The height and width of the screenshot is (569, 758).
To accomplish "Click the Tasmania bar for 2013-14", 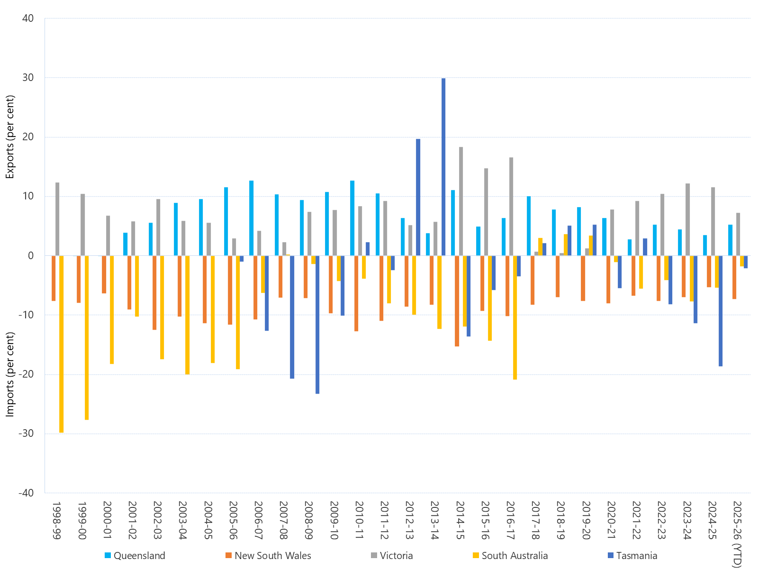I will coord(443,167).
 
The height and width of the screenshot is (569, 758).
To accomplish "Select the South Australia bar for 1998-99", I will coord(62,344).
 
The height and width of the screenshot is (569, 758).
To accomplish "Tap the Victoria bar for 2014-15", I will coord(461,201).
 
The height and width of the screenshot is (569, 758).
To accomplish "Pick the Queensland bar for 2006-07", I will coord(251,218).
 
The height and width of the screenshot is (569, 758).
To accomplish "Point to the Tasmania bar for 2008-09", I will coord(317,325).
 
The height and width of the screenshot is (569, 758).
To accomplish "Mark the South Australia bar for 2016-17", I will coord(515,317).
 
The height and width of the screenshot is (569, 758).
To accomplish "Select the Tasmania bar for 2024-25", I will coord(721,311).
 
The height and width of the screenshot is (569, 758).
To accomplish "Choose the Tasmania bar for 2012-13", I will coord(418,197).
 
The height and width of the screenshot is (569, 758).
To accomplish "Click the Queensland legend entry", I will coord(135,556).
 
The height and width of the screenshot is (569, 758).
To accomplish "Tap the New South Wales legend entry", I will coord(268,556).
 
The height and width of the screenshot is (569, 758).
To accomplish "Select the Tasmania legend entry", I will coord(632,556).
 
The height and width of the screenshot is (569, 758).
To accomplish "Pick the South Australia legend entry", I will coord(510,556).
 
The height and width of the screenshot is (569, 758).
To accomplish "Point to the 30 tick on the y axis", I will coord(28,78).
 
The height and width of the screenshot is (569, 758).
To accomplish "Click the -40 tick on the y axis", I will coord(26,493).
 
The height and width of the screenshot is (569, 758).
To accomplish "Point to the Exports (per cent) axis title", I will coord(10,137).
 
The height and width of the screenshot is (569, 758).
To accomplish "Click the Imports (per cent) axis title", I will coord(10,374).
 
